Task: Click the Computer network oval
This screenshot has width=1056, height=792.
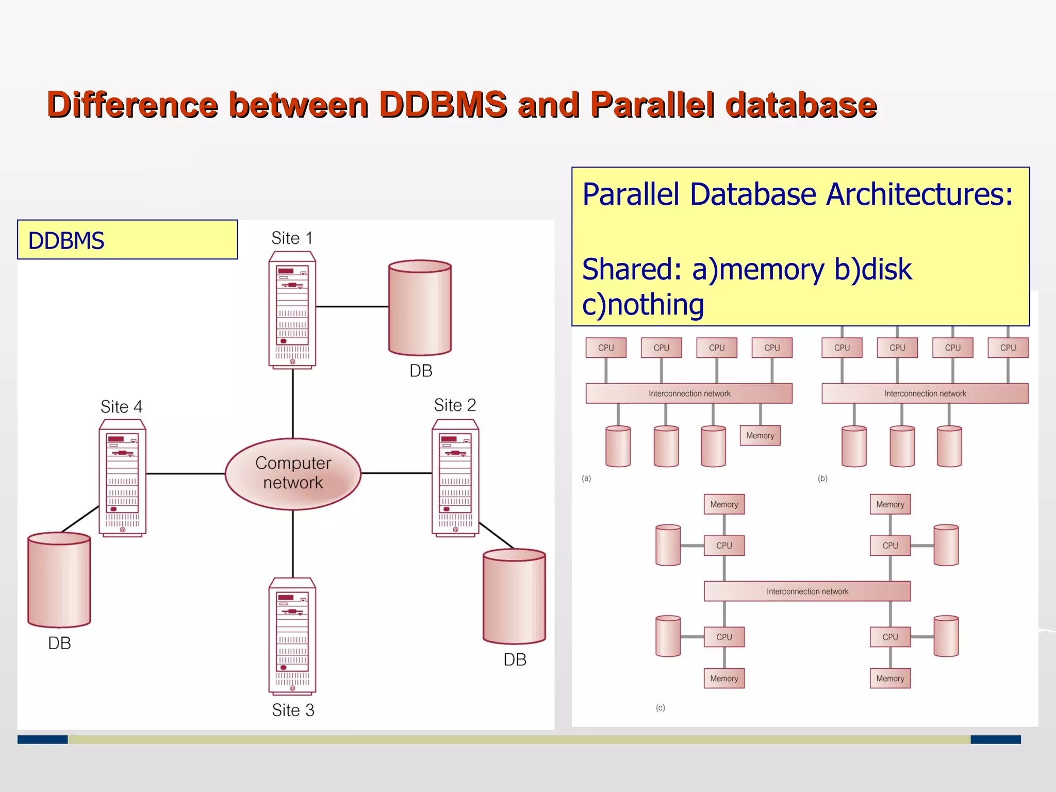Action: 293,473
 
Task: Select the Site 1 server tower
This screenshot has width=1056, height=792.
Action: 292,309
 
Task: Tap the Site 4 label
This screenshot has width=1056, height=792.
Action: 121,407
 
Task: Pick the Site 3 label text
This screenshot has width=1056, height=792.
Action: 293,710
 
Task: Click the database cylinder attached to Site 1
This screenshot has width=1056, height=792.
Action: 420,308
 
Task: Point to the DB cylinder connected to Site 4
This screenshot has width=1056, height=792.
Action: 59,580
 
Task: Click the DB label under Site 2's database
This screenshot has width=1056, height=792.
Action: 515,659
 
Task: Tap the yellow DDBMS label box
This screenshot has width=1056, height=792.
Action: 127,240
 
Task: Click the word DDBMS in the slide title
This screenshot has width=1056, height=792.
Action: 443,105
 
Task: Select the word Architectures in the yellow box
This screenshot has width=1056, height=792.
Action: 919,195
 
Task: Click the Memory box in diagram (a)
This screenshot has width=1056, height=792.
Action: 760,436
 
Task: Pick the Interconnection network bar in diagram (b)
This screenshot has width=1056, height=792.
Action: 925,393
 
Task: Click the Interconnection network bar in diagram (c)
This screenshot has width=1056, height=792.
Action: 807,591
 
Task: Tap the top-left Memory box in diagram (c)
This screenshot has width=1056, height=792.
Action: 724,504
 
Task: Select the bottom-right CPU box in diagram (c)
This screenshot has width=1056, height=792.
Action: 890,637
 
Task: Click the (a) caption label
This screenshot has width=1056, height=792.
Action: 586,478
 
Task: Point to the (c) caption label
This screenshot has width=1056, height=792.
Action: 661,708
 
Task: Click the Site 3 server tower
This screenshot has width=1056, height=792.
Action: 292,636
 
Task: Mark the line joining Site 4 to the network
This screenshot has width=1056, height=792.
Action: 186,473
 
